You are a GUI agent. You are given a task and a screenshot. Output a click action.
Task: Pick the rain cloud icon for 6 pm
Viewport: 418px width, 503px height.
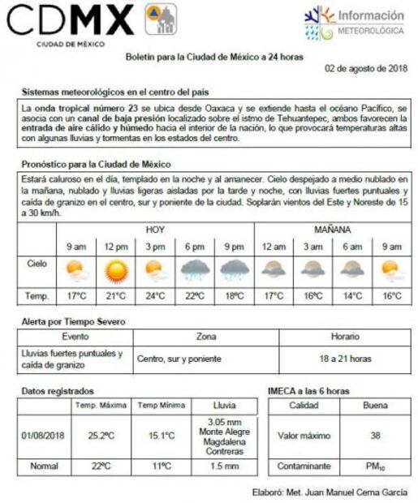[x=195, y=269]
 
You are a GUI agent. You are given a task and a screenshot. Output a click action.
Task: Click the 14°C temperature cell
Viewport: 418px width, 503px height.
[x=351, y=296]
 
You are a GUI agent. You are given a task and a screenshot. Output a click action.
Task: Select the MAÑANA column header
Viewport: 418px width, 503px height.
[x=333, y=230]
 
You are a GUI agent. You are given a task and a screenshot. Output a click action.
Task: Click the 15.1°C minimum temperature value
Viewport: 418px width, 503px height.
[x=161, y=436]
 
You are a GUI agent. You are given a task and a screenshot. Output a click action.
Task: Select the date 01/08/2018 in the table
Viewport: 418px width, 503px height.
[x=44, y=436]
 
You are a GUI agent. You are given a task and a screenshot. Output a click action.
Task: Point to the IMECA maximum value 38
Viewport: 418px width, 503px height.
[x=375, y=436]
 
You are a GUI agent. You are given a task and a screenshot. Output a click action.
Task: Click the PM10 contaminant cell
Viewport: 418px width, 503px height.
[x=375, y=466]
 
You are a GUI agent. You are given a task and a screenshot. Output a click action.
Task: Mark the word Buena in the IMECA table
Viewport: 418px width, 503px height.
[x=375, y=405]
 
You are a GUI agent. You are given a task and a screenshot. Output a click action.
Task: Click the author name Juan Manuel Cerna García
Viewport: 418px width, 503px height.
[x=352, y=492]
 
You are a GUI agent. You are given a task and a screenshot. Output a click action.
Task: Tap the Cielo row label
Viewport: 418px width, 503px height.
[x=37, y=264]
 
